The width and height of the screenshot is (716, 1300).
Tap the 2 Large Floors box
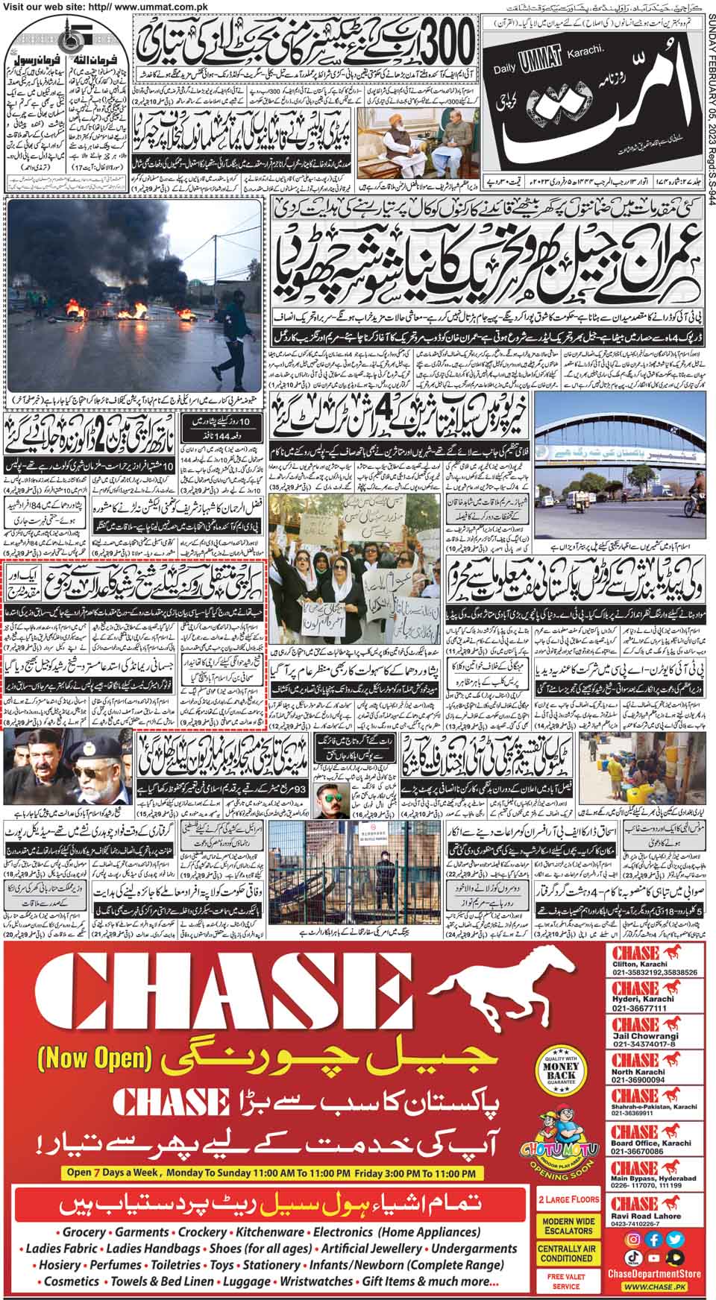tap(568, 1200)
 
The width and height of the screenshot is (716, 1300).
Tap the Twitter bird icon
tap(676, 1240)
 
